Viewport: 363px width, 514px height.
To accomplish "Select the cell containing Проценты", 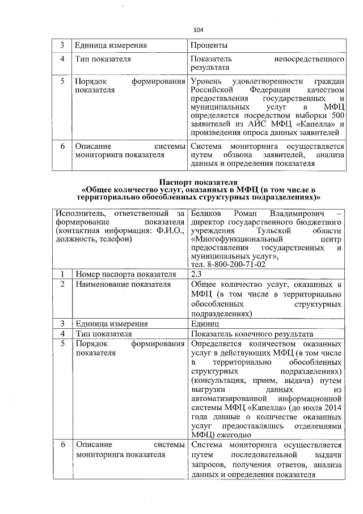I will click(209, 45).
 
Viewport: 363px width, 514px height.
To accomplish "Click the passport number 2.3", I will click(197, 274).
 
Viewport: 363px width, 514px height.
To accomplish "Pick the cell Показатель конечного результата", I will click(252, 334).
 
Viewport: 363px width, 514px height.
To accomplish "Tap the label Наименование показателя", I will click(123, 283).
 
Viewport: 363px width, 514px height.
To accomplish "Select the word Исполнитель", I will click(78, 214).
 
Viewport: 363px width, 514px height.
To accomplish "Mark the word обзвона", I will click(233, 155).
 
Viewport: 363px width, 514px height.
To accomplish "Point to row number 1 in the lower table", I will click(62, 274).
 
